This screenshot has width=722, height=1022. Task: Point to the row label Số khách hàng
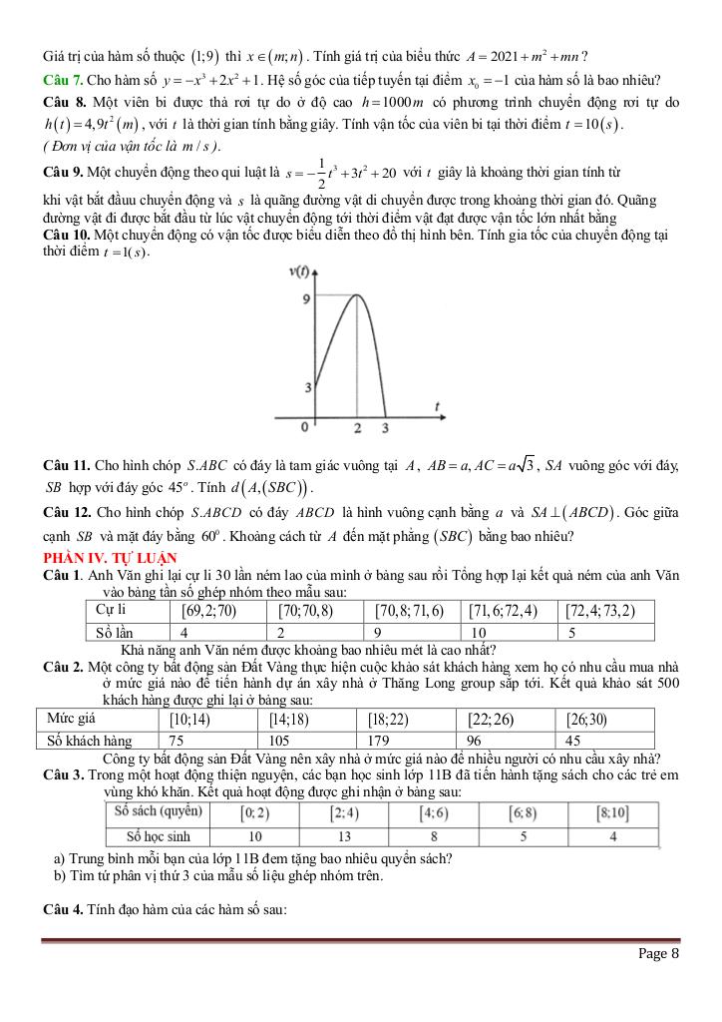pos(89,741)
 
